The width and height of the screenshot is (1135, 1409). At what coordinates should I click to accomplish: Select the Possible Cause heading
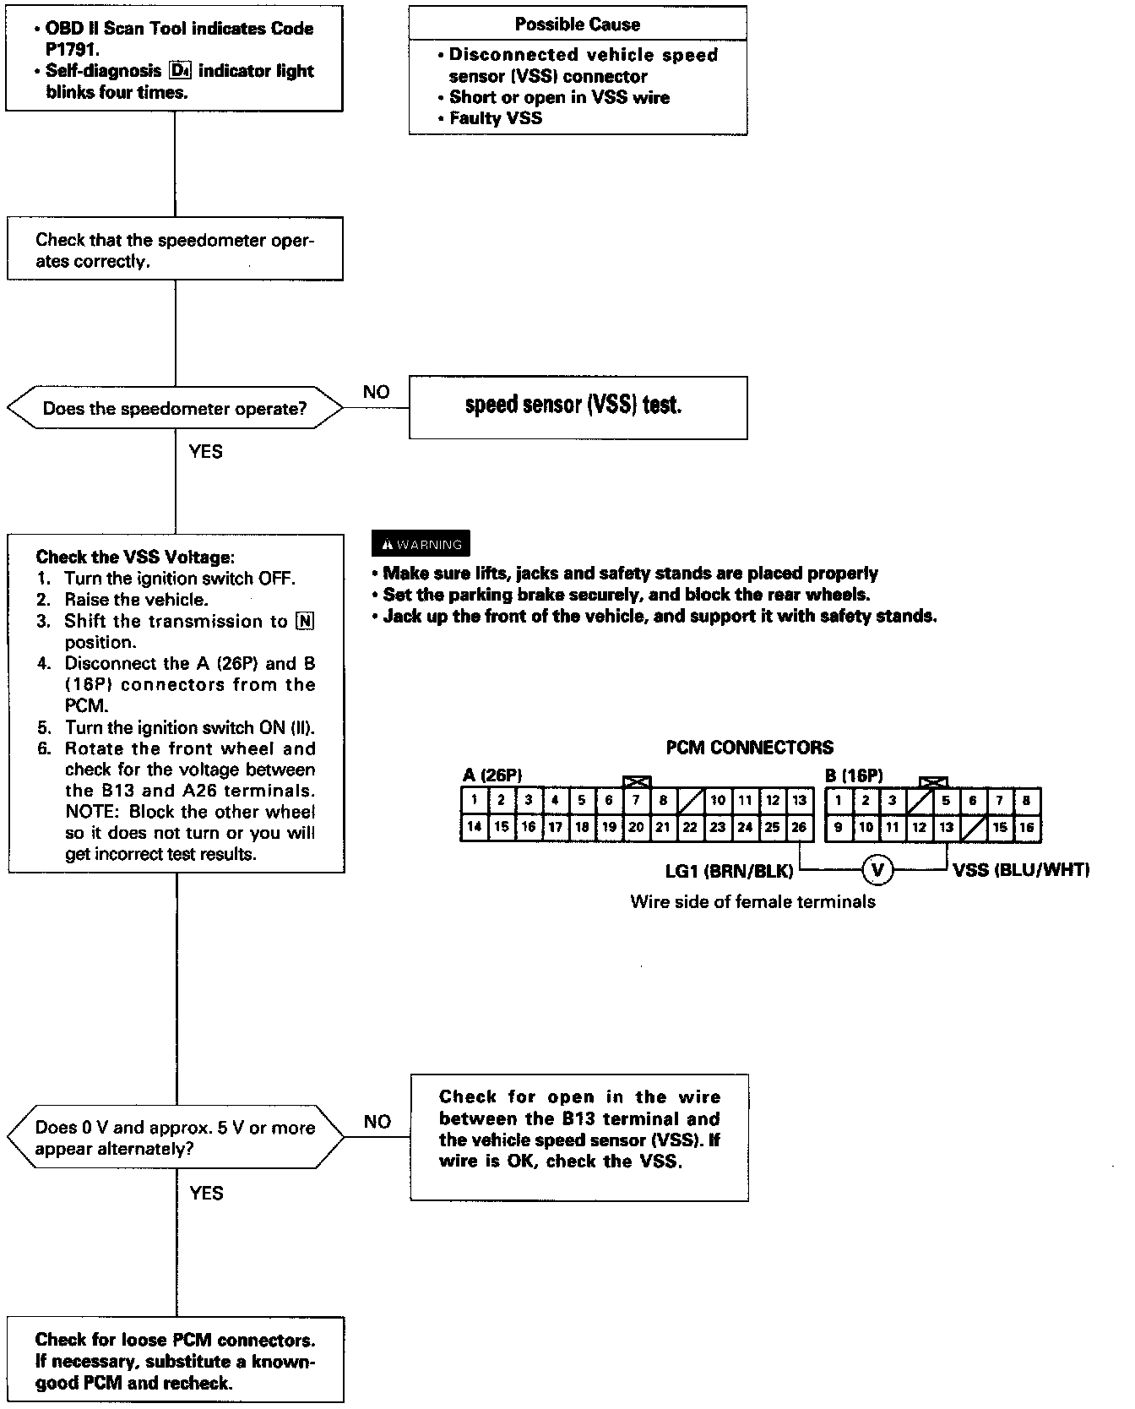tap(578, 24)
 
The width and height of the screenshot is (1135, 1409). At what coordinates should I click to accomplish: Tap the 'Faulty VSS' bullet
tap(496, 118)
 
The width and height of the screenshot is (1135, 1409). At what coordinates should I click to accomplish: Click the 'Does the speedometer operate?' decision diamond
tap(175, 409)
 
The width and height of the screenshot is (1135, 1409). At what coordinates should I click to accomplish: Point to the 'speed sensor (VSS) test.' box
tap(578, 406)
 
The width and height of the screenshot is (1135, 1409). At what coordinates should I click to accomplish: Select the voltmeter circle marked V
tap(877, 868)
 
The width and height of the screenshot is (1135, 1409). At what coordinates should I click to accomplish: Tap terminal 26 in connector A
tap(799, 827)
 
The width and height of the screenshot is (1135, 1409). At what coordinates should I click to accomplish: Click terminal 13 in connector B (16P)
tap(946, 827)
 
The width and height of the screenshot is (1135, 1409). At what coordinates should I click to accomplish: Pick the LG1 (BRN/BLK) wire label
tap(729, 870)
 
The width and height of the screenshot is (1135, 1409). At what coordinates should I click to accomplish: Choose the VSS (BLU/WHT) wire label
tap(1020, 870)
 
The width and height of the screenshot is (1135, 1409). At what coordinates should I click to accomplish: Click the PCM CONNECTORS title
tap(749, 748)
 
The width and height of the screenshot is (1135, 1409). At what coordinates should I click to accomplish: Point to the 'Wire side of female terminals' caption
tap(752, 902)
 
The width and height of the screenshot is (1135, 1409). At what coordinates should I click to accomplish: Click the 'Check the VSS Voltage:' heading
tap(135, 558)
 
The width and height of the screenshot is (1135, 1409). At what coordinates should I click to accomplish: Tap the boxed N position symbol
tap(305, 622)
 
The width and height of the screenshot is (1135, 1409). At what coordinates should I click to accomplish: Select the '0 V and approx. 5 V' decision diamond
tap(175, 1138)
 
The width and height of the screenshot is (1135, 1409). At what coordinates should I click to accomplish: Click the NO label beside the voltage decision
tap(377, 1121)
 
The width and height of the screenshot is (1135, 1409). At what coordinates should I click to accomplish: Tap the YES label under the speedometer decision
tap(206, 451)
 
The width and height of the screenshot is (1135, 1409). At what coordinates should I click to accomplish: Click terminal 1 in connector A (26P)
tap(475, 800)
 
